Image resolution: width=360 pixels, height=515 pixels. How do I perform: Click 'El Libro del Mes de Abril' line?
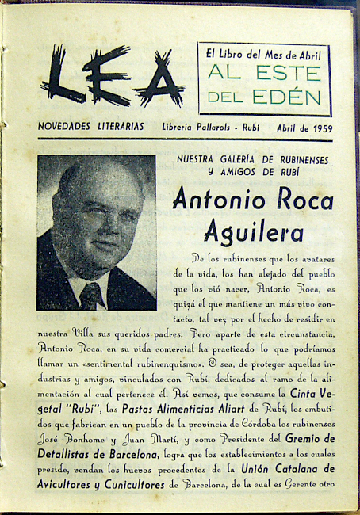tap(263, 55)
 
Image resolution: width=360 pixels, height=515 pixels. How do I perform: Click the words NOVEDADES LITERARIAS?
tap(90, 126)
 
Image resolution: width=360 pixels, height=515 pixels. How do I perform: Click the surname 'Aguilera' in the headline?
tap(253, 232)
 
